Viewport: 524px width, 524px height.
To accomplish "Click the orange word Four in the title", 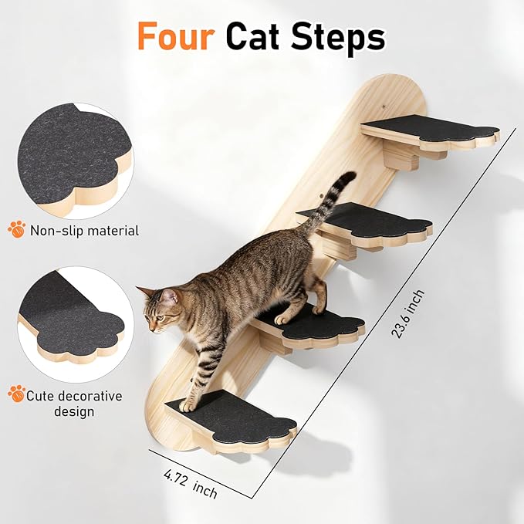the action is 176,35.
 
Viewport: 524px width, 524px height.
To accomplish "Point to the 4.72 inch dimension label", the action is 191,484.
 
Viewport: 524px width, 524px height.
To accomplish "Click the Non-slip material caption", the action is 84,231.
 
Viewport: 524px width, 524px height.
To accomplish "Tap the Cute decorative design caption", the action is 74,404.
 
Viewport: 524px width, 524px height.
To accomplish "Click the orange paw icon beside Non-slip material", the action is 17,229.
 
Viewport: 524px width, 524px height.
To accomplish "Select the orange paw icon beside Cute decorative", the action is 17,394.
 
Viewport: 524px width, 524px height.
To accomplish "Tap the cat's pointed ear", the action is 170,296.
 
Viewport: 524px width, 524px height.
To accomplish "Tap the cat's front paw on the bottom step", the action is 186,407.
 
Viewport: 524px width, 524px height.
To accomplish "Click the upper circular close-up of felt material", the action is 76,161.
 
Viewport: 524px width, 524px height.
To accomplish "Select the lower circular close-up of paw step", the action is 76,324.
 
